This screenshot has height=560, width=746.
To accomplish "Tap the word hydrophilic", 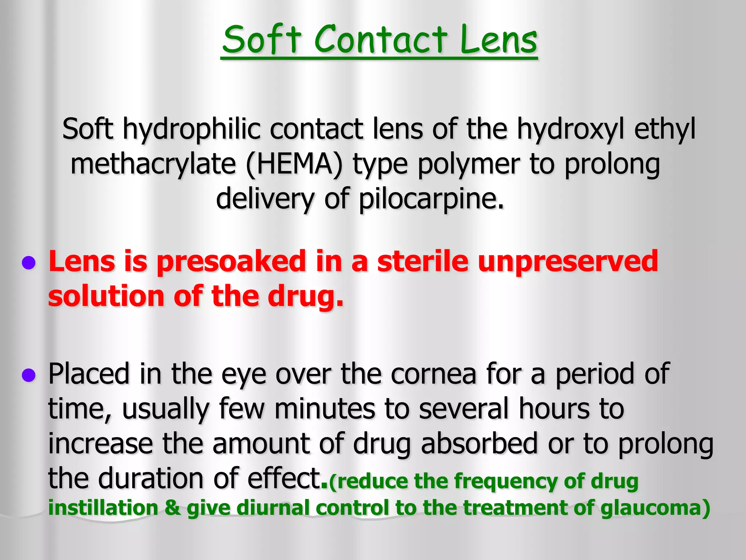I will coord(192,130).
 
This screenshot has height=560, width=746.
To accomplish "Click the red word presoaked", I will coord(231,262).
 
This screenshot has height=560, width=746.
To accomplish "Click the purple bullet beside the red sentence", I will coord(29,263).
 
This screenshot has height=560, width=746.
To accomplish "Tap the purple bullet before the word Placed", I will coord(29,375).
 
